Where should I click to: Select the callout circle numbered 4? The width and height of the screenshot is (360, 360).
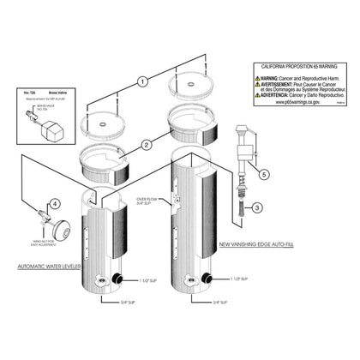tap(55, 204)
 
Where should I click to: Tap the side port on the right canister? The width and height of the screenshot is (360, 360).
tap(211, 279)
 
